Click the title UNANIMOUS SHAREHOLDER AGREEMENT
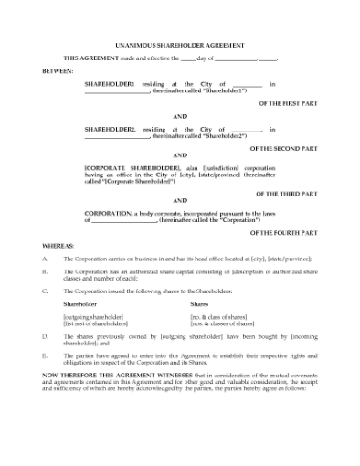click(x=180, y=43)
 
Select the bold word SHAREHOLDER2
click(x=109, y=129)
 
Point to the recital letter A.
click(x=45, y=259)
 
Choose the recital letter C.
click(x=45, y=290)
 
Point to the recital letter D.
click(x=45, y=336)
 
